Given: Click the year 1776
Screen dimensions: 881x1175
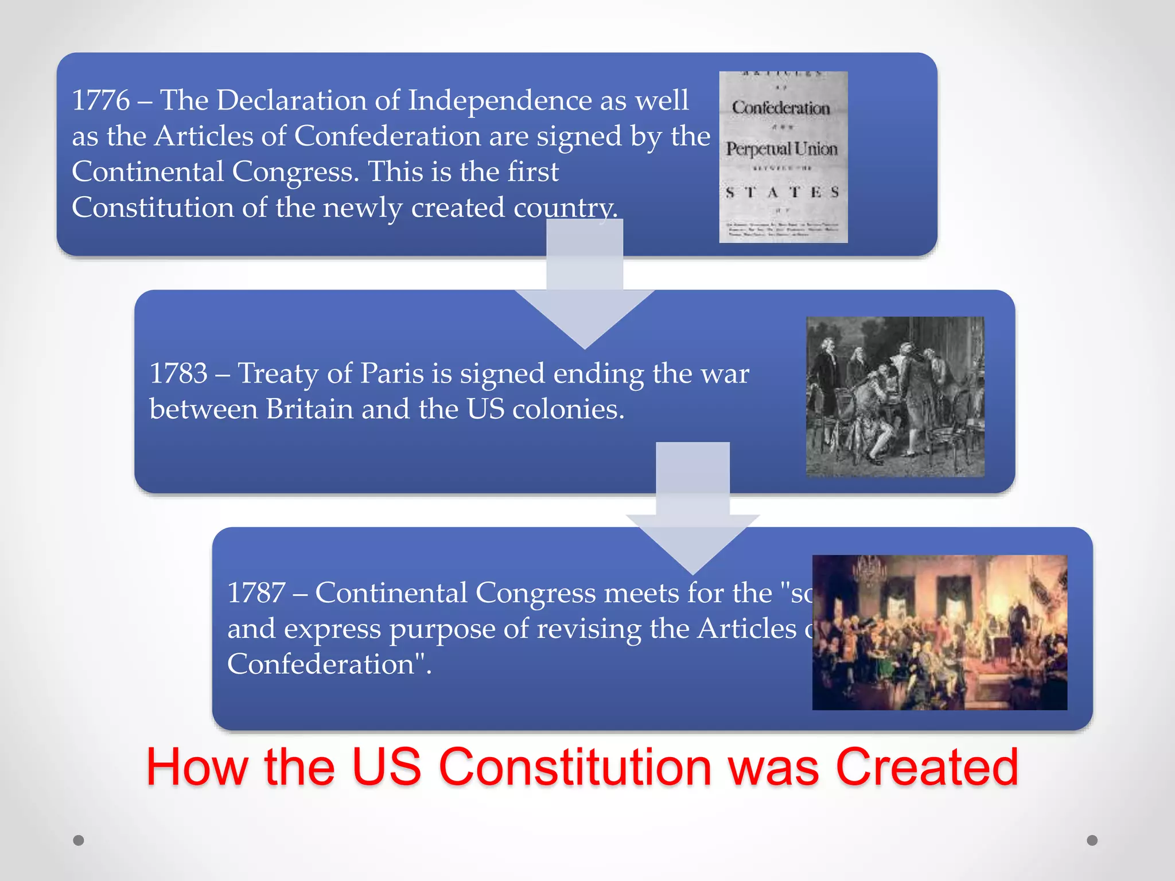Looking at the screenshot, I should tap(101, 100).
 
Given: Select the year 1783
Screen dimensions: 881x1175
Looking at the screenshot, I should tap(178, 373).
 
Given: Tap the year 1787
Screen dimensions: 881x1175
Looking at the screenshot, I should tap(256, 592).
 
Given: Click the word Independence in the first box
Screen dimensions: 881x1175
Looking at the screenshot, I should tap(499, 100).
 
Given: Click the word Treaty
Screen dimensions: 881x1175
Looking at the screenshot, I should tap(278, 373).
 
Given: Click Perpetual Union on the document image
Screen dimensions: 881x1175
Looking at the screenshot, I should tap(782, 149).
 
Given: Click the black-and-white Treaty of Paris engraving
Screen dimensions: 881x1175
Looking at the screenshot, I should tap(895, 396).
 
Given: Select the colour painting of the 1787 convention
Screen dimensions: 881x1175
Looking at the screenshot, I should tap(940, 632).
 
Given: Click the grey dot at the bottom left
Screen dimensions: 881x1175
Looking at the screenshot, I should tap(79, 840).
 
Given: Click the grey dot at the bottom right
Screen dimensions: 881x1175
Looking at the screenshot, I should tap(1092, 840).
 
